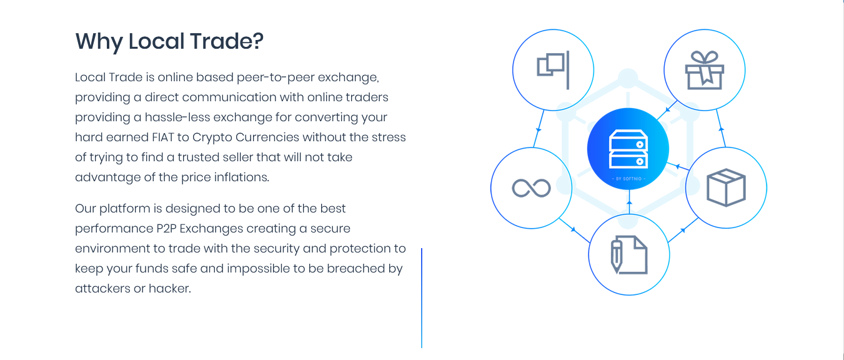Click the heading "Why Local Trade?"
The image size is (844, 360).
[x=169, y=41]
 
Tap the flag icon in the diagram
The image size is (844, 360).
[x=553, y=70]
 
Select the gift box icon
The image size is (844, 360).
[x=704, y=70]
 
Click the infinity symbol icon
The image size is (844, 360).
[x=531, y=187]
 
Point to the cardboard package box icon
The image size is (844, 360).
[x=726, y=187]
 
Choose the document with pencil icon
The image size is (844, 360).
[x=629, y=255]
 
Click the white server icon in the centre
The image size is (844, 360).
[x=628, y=149]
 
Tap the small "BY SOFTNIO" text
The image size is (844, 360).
[x=628, y=179]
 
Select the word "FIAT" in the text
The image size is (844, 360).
[x=163, y=137]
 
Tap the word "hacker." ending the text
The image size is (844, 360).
[x=169, y=288]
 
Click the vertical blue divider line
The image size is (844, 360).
[x=422, y=297]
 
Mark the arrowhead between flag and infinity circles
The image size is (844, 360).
[x=539, y=129]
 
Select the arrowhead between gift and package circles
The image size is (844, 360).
[x=721, y=129]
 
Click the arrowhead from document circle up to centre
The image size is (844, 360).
[x=629, y=202]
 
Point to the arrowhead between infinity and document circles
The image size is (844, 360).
[x=573, y=229]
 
